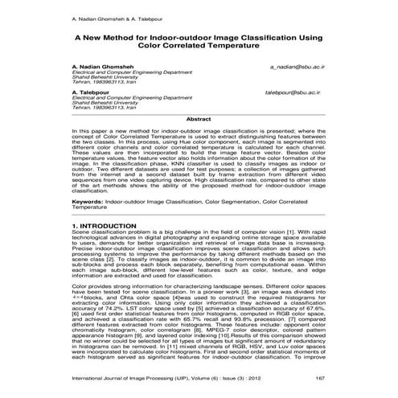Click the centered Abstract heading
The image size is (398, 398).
(199, 118)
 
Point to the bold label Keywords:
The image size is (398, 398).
(88, 200)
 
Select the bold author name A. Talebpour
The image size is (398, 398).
(92, 92)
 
